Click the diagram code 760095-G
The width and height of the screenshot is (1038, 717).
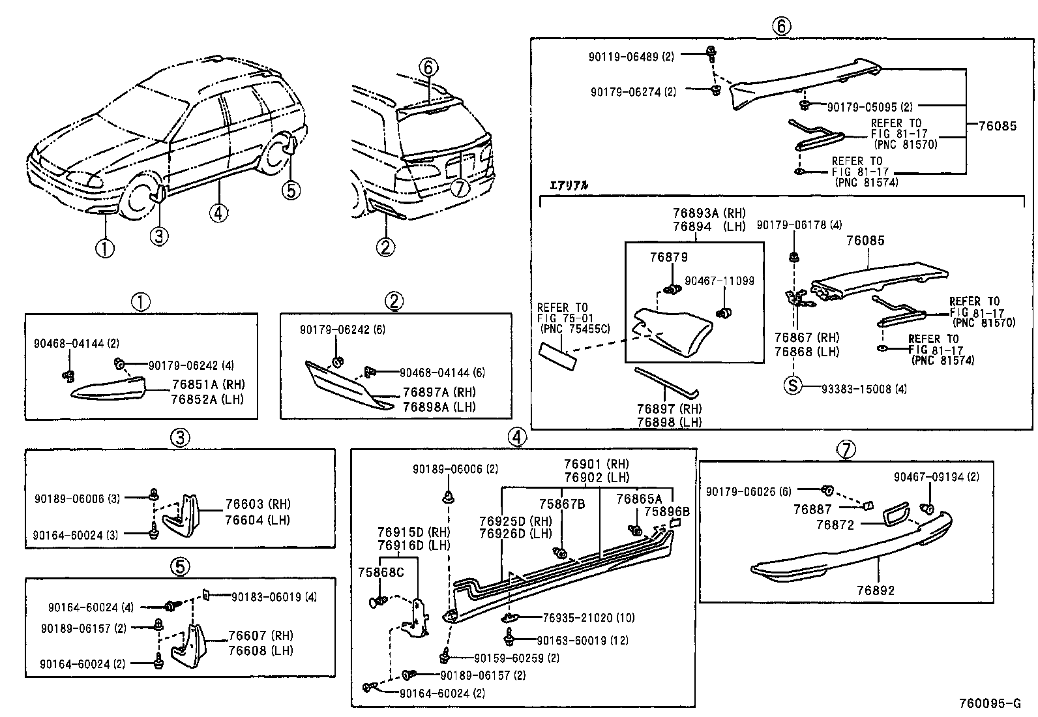coord(989,703)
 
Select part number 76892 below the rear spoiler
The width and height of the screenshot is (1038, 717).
coord(876,590)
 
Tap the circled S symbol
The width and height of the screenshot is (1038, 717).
coord(792,385)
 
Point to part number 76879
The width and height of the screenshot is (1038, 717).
coord(668,257)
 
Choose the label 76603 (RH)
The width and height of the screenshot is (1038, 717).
coord(258,504)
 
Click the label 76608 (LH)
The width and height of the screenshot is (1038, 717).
coord(260,650)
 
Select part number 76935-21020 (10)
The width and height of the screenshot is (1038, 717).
coord(588,617)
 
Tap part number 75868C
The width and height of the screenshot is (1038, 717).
coord(381,572)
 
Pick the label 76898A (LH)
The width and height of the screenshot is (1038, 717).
coord(439,406)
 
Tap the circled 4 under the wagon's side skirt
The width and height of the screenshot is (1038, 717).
coord(218,212)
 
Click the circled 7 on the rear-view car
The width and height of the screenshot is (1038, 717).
coord(460,188)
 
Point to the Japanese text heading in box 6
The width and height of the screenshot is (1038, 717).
coord(569,185)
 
